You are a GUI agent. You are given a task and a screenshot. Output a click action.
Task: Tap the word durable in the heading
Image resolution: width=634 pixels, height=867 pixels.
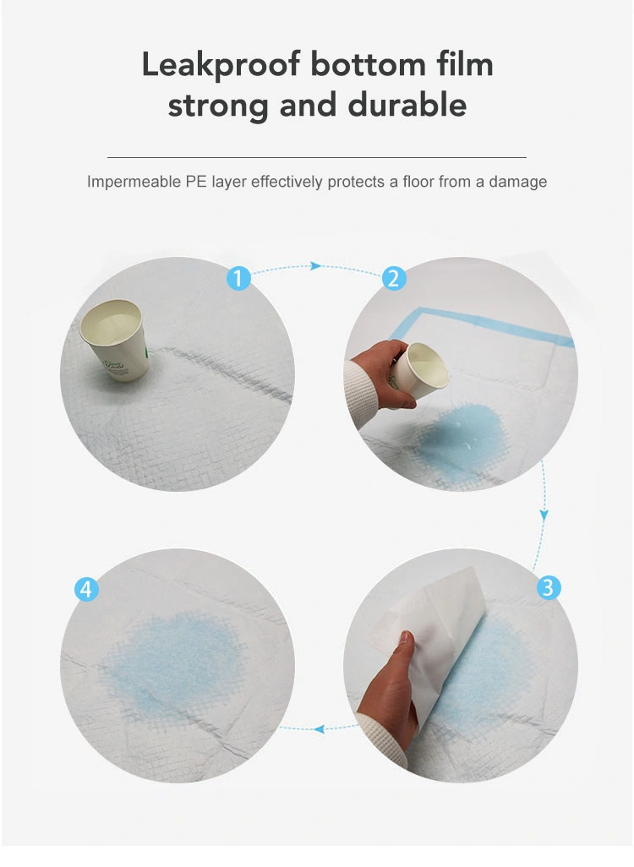[x=407, y=105]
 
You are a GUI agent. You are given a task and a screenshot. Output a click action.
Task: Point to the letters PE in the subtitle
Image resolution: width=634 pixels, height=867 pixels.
[x=196, y=182]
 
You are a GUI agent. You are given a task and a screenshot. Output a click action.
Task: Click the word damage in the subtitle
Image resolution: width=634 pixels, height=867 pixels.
[x=518, y=183]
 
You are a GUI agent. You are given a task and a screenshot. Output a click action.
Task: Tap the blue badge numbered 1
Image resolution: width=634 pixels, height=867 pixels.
[x=238, y=278]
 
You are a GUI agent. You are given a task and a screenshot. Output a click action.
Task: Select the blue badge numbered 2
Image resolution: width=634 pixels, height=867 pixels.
[x=393, y=278]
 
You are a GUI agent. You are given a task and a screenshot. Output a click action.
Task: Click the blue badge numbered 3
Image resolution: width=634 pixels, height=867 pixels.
[x=549, y=587]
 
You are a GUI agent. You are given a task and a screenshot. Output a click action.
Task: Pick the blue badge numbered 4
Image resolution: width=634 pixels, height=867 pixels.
[x=86, y=590]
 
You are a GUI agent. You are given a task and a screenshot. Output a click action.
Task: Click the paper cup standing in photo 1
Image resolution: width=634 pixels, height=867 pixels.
[x=115, y=340]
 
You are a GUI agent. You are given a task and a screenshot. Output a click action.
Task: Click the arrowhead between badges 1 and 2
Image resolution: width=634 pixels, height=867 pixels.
[x=316, y=266]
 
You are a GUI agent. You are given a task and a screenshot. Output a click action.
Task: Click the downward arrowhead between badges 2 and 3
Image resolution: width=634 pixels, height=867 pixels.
[x=544, y=515]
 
